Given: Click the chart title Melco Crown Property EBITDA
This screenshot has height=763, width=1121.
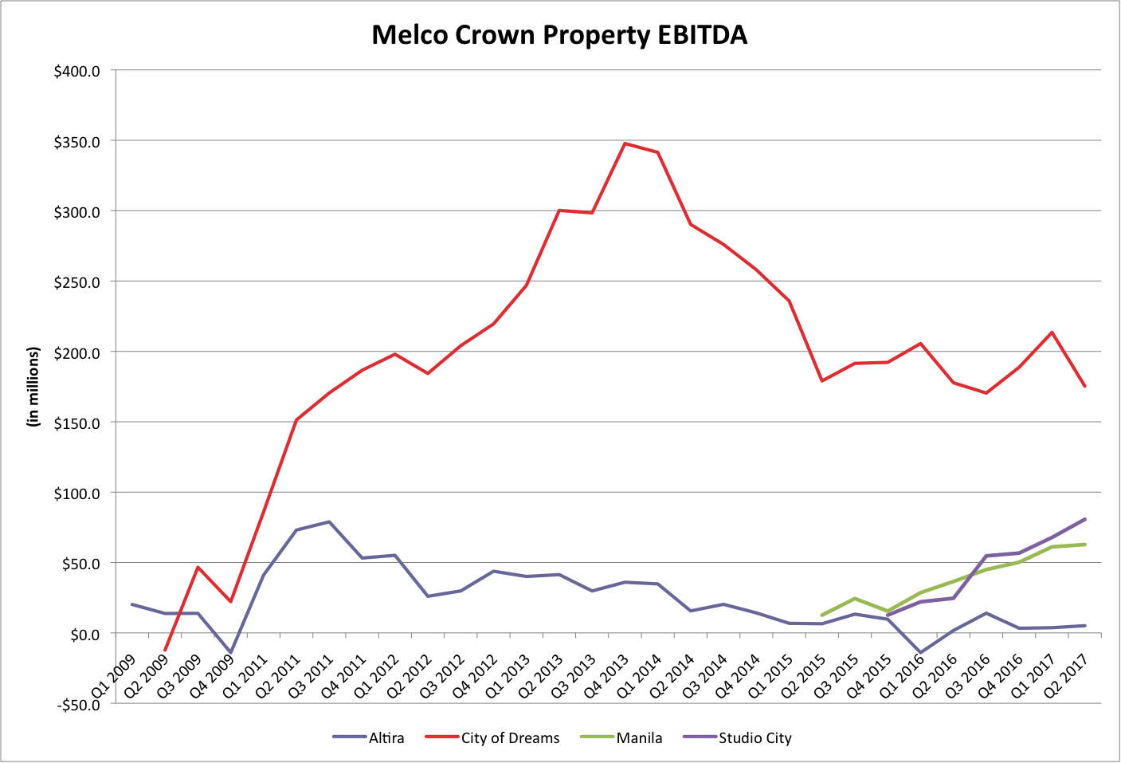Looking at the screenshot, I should click(559, 35).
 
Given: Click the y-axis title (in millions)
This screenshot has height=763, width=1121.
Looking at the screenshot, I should click(33, 387).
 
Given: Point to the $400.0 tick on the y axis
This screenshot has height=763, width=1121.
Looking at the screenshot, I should click(76, 72).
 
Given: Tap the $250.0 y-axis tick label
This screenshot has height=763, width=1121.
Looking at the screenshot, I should click(76, 283).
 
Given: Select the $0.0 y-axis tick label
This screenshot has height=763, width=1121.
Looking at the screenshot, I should click(84, 635).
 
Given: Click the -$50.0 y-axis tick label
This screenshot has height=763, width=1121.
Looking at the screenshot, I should click(76, 705).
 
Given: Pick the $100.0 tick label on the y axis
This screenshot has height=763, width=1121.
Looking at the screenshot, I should click(76, 494).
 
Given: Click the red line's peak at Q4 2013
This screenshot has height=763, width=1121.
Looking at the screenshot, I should click(625, 144).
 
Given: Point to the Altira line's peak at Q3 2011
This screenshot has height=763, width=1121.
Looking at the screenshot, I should click(329, 522).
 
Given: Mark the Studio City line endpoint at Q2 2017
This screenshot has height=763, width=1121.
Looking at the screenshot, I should click(1084, 519).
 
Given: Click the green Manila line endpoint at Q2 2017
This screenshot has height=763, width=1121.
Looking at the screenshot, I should click(1084, 545).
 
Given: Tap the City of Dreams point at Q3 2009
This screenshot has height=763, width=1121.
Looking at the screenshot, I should click(198, 567).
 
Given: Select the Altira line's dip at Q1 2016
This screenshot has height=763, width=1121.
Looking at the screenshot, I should click(921, 653).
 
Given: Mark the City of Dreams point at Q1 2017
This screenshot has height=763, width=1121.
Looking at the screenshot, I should click(1052, 332).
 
